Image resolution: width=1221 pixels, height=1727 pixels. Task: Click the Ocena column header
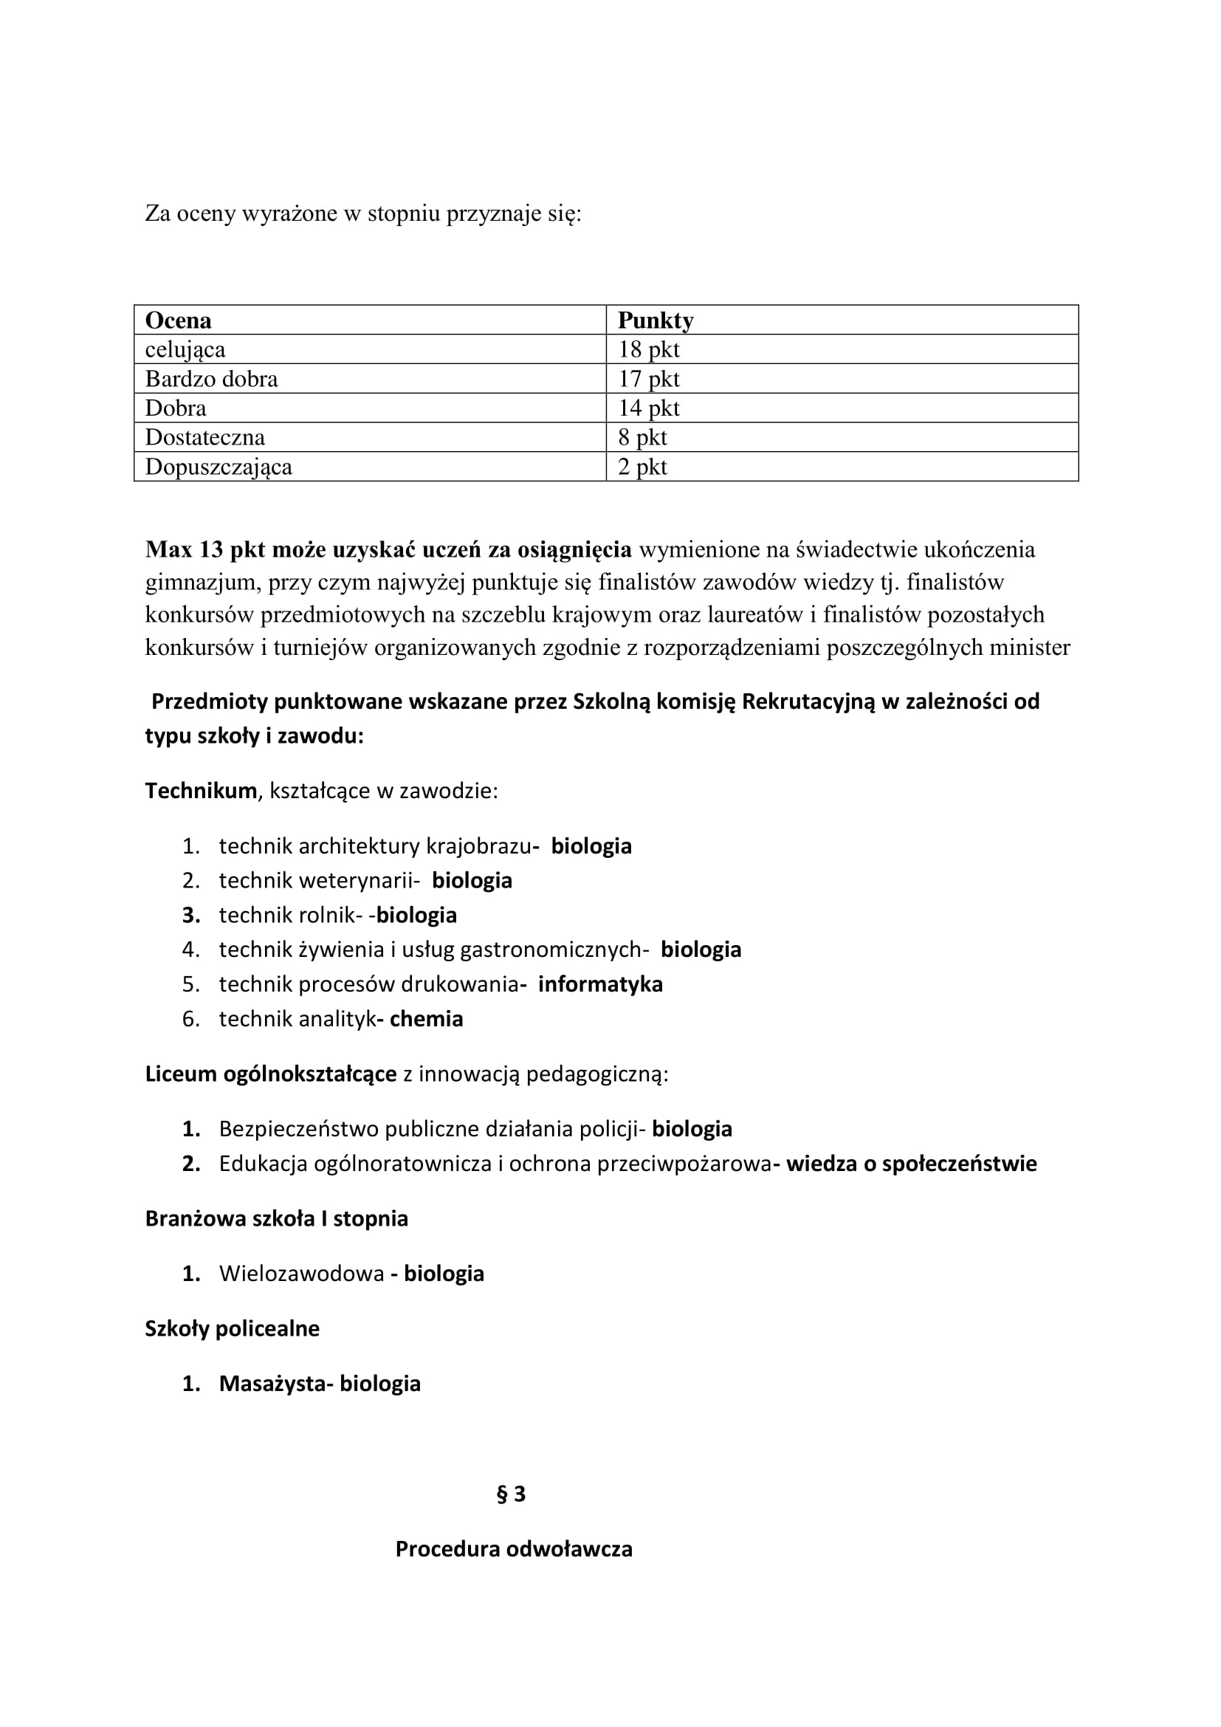coord(178,320)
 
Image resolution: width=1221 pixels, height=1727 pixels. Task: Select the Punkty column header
coord(655,320)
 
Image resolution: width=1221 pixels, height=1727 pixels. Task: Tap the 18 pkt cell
coord(648,350)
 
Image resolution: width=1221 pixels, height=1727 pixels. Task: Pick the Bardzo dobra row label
coord(211,379)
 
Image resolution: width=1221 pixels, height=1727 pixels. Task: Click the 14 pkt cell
coord(648,408)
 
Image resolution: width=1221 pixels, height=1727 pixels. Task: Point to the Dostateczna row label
coord(204,438)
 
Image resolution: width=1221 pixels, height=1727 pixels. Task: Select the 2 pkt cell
coord(642,467)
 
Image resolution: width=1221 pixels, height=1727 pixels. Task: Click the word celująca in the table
coord(185,350)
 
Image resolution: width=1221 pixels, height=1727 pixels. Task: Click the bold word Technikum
coord(201,792)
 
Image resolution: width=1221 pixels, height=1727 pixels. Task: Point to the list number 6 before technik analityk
coord(190,1019)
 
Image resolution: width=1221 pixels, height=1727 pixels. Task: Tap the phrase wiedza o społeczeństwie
coord(911,1164)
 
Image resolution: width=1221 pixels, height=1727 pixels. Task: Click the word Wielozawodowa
coord(301,1274)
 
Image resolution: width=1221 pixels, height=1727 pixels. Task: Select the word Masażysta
coord(273,1384)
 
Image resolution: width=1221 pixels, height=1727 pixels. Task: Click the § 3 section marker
coord(512,1494)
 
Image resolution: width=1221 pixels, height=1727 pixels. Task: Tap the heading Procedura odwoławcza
coord(514,1550)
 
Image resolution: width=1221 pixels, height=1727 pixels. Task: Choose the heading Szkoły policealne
coord(232,1329)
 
